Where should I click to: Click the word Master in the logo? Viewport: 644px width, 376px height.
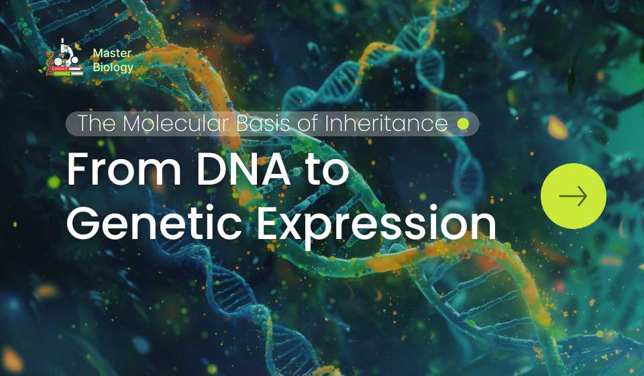pyautogui.click(x=113, y=54)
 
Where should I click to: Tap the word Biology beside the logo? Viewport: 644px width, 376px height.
pyautogui.click(x=113, y=67)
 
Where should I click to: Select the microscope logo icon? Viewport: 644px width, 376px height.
pyautogui.click(x=65, y=58)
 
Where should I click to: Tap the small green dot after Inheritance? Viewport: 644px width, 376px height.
pyautogui.click(x=462, y=124)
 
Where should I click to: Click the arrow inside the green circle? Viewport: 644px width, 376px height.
pyautogui.click(x=573, y=196)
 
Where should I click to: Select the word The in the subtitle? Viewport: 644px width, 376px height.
pyautogui.click(x=94, y=124)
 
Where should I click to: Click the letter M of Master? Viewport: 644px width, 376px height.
pyautogui.click(x=98, y=54)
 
